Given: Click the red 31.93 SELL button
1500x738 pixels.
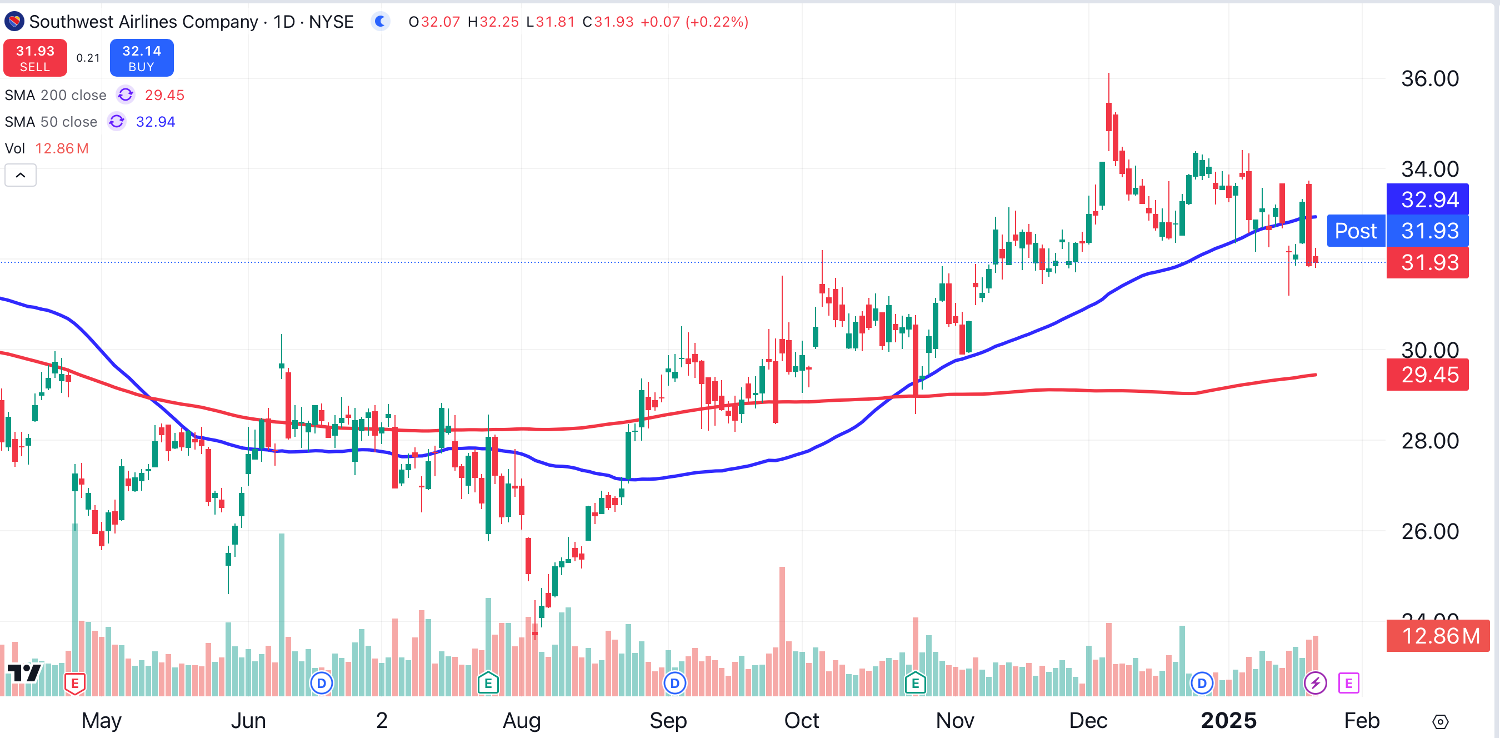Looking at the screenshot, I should pos(35,58).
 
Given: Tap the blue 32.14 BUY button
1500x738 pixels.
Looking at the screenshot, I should pos(142,58).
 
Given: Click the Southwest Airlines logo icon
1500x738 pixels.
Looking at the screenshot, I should pos(14,22).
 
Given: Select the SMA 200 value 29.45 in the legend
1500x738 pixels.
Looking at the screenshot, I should pos(164,95).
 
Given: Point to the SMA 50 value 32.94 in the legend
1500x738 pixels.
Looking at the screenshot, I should pos(155,122).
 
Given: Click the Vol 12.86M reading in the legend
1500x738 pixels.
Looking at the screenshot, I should pos(62,148).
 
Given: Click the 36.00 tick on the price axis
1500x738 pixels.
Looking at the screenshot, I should pos(1429,78).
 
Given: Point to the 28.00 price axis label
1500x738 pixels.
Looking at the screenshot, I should pos(1429,441).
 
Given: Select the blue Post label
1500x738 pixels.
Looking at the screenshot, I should pos(1356,231).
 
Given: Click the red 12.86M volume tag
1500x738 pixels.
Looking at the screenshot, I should pos(1438,636).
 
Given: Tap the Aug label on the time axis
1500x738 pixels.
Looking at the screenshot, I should pos(522,721).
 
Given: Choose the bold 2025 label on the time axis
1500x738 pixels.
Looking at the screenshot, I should pos(1229,721).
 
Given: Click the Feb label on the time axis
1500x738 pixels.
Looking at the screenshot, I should pos(1362,721).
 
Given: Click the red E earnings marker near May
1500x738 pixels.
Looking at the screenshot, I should pos(75,683).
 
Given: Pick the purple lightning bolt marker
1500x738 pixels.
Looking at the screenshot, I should pos(1316,682).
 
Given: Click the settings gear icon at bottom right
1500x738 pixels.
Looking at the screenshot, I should pos(1440,722).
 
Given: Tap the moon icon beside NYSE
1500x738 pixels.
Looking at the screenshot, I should pos(380,22).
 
